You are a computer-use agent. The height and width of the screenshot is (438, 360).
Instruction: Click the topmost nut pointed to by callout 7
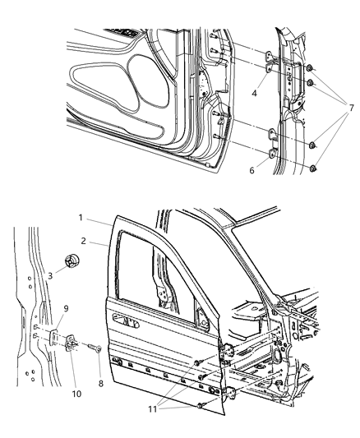click(x=312, y=69)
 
